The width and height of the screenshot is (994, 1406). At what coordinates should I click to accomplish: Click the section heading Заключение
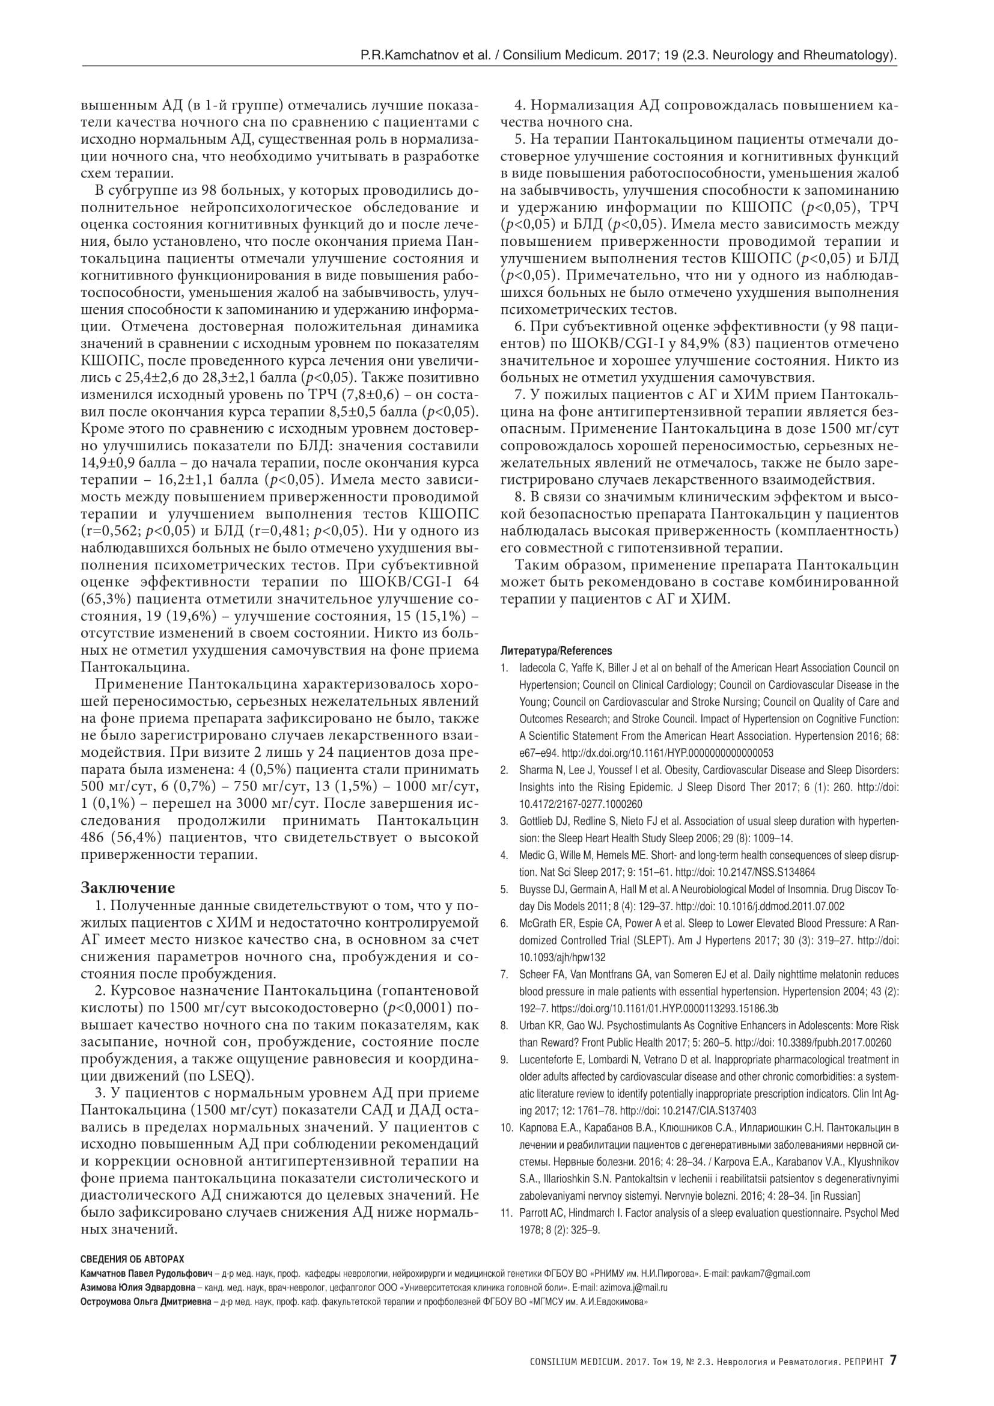tap(128, 888)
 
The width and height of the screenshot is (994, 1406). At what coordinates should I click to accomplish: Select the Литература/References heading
tap(556, 651)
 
